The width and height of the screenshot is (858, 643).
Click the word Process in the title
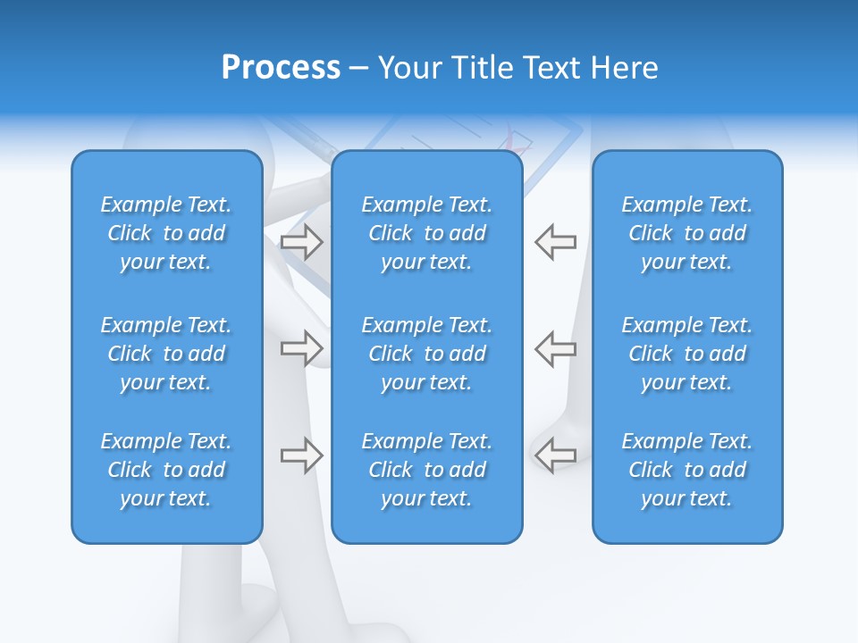(x=281, y=68)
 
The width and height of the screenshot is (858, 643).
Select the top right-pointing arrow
(x=301, y=241)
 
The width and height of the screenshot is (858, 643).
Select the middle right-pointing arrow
(x=301, y=348)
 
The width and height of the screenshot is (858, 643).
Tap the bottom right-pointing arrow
(x=301, y=455)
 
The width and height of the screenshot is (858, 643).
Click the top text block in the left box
(x=166, y=233)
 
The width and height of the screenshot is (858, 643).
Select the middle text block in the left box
(x=166, y=354)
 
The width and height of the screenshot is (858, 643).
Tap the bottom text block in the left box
(x=166, y=470)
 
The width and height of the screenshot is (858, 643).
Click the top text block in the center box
(x=426, y=233)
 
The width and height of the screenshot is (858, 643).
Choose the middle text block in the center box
(x=426, y=354)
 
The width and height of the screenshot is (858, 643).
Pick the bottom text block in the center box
(x=426, y=470)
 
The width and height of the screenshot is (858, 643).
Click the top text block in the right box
(x=686, y=233)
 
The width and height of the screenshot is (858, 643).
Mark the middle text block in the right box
(x=686, y=354)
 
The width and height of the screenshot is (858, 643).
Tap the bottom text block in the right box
(x=686, y=470)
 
